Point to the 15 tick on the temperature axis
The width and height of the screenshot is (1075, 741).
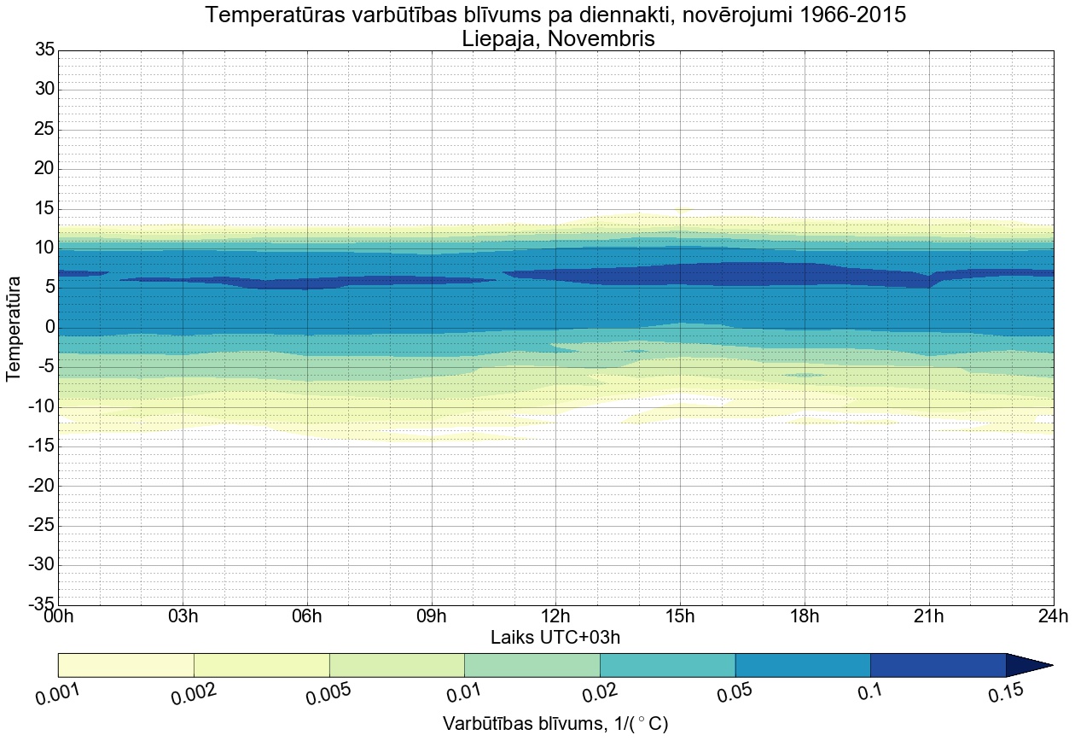pyautogui.click(x=44, y=208)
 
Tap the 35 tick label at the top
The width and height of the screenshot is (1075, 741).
pyautogui.click(x=44, y=50)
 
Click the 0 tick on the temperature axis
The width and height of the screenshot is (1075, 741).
pyautogui.click(x=49, y=328)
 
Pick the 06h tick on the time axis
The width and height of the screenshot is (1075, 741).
pyautogui.click(x=307, y=617)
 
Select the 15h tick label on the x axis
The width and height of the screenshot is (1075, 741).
pyautogui.click(x=680, y=617)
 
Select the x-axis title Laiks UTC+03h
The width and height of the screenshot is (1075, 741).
pyautogui.click(x=555, y=638)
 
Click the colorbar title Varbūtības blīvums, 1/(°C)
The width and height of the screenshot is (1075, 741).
pyautogui.click(x=555, y=724)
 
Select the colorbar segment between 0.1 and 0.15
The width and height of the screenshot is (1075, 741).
pyautogui.click(x=938, y=665)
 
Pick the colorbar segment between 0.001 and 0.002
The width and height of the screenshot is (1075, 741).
pyautogui.click(x=126, y=665)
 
